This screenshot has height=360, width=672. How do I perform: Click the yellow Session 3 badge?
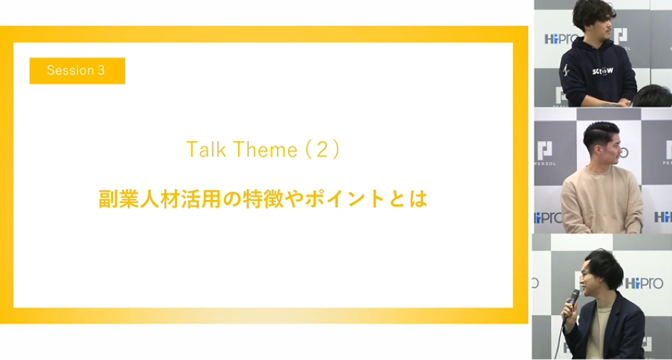77,71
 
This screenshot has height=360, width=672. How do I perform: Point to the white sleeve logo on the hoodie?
565,69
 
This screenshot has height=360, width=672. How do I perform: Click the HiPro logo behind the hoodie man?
561,39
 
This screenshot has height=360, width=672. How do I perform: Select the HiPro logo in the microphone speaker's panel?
644,283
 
